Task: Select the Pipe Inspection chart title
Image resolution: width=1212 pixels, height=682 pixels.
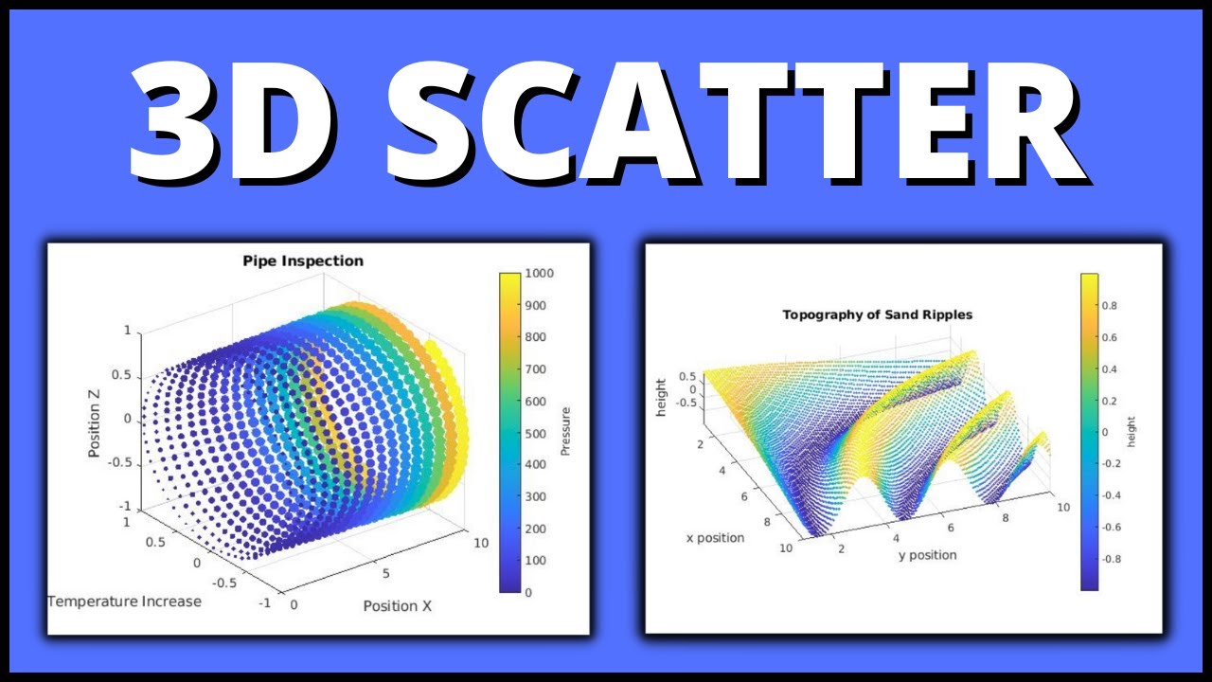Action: pos(302,260)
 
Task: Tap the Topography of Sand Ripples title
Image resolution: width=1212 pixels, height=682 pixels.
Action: pos(877,314)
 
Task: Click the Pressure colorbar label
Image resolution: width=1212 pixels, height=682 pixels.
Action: pos(565,432)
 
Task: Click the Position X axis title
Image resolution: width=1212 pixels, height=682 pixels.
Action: pos(397,605)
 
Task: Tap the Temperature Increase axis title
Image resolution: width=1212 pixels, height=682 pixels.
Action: pos(124,601)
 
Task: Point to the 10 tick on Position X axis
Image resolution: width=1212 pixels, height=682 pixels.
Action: pos(480,542)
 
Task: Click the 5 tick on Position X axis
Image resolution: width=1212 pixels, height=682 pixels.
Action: pos(385,574)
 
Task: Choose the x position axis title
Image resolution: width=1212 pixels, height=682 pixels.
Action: pos(715,538)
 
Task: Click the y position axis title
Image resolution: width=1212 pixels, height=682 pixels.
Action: pos(927,554)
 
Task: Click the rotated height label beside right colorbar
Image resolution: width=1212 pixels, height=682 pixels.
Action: pos(1132,432)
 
